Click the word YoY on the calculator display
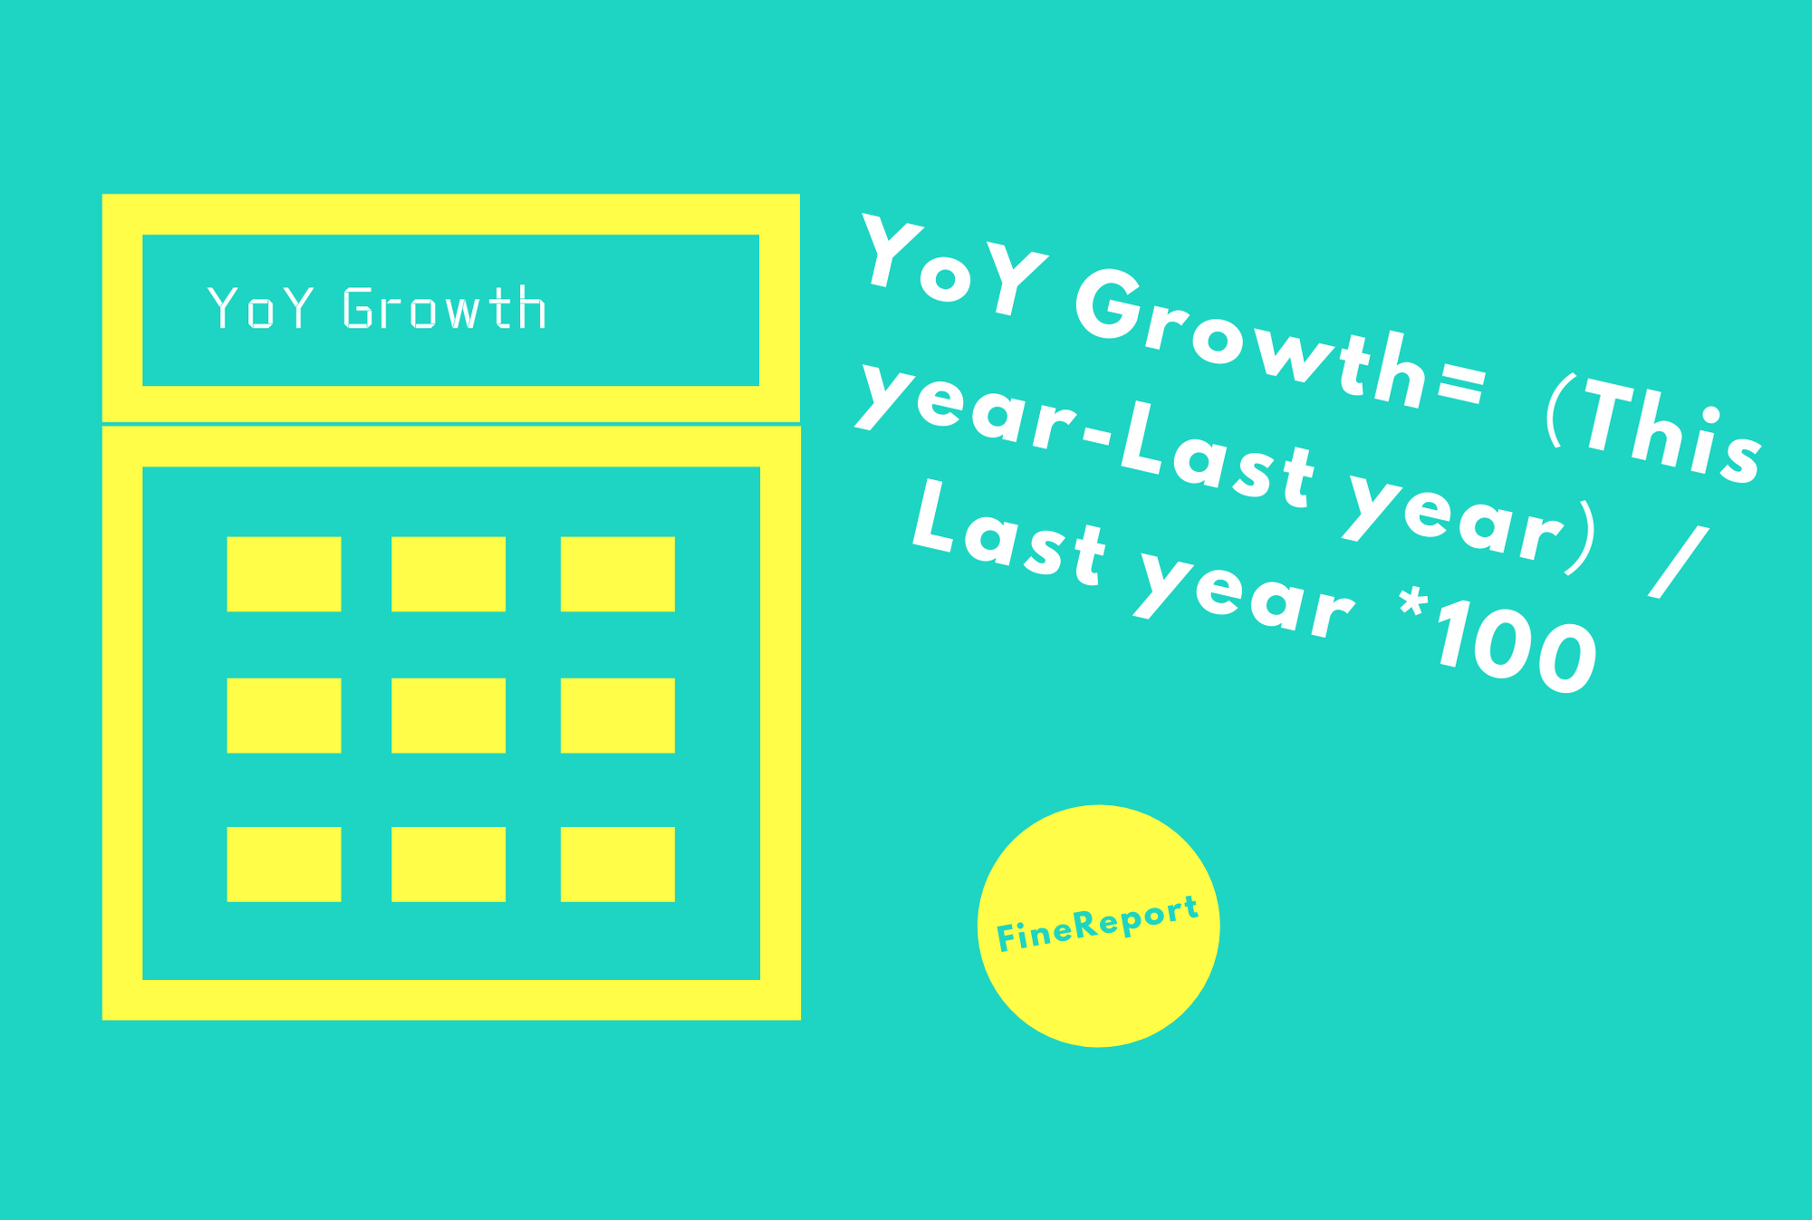click(261, 308)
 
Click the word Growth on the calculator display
click(445, 308)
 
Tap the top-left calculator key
click(284, 574)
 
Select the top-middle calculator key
click(448, 574)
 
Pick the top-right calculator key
click(618, 574)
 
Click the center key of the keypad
click(448, 716)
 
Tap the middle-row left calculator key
click(284, 716)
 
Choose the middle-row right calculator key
click(618, 716)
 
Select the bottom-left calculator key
click(284, 864)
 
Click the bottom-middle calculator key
click(448, 864)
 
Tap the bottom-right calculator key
click(618, 864)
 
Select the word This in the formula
click(1672, 435)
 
